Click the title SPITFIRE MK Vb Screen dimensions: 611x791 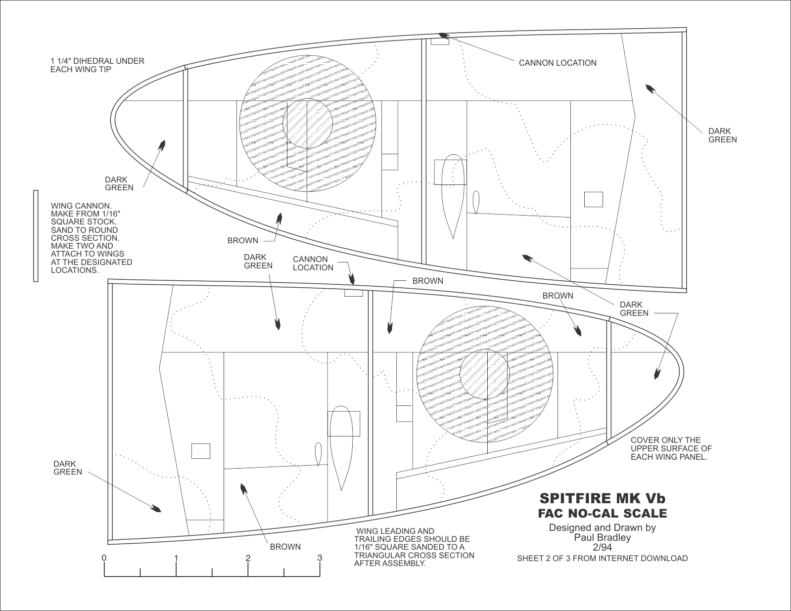tap(602, 498)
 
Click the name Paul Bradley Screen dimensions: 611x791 tap(602, 537)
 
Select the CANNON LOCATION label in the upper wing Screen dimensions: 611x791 tap(558, 63)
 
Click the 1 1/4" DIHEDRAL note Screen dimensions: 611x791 tap(97, 65)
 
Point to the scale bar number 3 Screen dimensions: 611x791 tap(320, 558)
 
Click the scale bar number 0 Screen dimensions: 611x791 tap(104, 558)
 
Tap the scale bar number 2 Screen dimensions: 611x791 tap(248, 558)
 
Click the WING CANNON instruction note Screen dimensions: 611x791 tap(92, 238)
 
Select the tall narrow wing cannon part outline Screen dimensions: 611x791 tap(36, 236)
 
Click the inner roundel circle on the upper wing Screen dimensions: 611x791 tap(307, 124)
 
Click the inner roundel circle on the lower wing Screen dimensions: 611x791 tap(484, 374)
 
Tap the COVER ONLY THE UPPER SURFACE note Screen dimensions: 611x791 tap(671, 448)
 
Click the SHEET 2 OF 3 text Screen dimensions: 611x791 tap(602, 558)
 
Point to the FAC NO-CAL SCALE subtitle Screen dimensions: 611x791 tap(602, 514)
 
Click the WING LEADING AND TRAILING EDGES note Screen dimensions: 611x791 tap(414, 547)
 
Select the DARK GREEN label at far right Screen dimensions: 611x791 tap(722, 135)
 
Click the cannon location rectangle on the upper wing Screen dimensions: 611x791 tap(440, 42)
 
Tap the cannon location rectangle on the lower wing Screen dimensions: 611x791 tap(353, 293)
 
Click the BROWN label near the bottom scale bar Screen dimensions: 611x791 tap(285, 547)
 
